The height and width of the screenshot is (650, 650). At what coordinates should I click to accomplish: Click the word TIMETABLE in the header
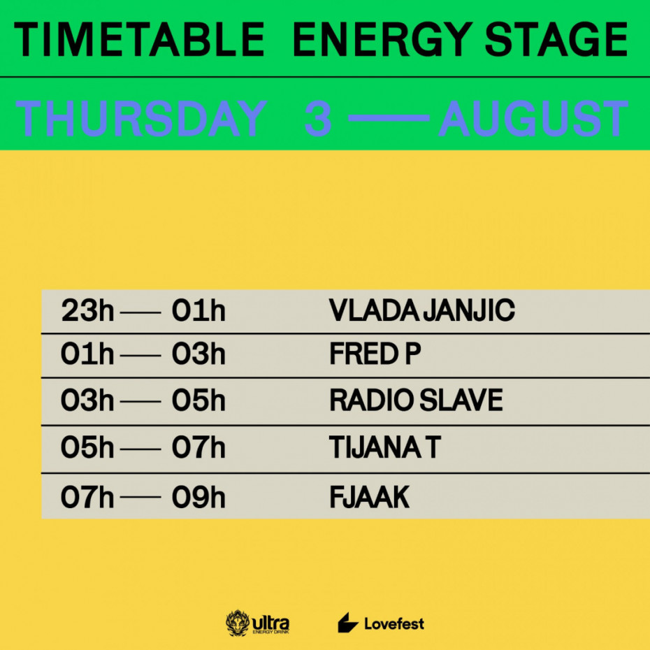[x=139, y=39]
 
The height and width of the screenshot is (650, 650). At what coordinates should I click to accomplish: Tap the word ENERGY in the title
[x=382, y=39]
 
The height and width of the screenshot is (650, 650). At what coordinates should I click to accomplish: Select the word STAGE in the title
[x=556, y=39]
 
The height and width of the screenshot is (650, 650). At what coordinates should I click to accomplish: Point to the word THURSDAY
[x=141, y=119]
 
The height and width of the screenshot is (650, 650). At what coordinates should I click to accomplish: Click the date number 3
[x=318, y=119]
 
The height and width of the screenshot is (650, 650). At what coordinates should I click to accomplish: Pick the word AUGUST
[x=533, y=119]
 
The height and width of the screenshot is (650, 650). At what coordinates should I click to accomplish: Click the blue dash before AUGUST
[x=389, y=118]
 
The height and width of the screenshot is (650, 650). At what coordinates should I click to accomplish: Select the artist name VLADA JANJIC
[x=421, y=310]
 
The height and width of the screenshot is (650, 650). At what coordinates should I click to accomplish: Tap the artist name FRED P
[x=375, y=354]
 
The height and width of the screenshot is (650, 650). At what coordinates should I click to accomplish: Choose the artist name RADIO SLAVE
[x=416, y=400]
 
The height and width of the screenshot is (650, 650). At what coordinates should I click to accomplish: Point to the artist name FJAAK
[x=369, y=497]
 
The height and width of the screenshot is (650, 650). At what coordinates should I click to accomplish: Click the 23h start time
[x=87, y=310]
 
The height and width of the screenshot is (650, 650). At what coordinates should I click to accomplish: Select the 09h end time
[x=198, y=497]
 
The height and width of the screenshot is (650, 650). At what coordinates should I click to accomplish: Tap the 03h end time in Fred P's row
[x=198, y=354]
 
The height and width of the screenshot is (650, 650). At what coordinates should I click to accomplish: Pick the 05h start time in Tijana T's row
[x=87, y=447]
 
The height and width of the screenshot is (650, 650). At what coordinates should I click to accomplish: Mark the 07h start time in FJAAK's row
[x=87, y=497]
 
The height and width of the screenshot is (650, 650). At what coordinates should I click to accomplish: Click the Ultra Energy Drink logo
[x=257, y=623]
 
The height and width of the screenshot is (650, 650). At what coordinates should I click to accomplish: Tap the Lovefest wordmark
[x=393, y=623]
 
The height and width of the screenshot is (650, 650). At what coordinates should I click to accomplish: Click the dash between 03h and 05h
[x=140, y=401]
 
